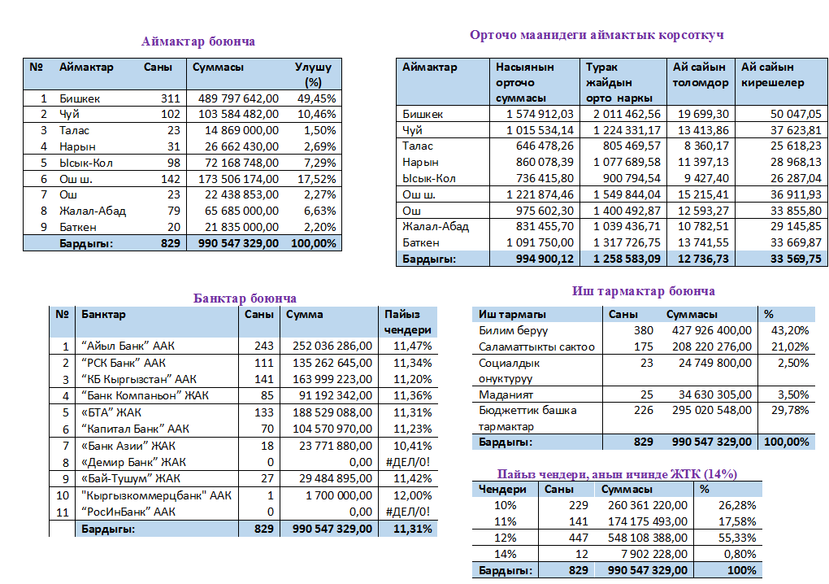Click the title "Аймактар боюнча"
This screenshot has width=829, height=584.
pos(197,41)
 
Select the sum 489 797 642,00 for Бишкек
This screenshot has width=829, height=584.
pos(237,98)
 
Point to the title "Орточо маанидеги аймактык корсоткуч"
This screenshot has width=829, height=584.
pos(597,35)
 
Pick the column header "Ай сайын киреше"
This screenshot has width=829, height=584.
pos(772,75)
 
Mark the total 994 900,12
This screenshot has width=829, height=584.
pos(539,259)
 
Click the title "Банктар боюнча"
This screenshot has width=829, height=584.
pos(245,299)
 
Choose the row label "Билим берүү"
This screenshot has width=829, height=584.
pos(513,330)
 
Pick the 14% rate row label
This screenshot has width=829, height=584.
pos(505,554)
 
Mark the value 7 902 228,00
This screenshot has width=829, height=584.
pos(649,554)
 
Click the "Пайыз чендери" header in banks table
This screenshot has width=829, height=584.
pos(407,322)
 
